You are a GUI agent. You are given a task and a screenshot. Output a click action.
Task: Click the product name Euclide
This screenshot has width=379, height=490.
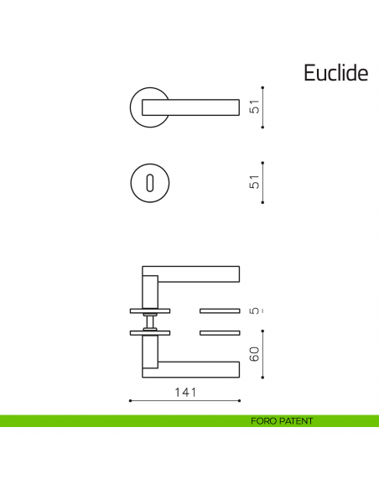tap(335, 73)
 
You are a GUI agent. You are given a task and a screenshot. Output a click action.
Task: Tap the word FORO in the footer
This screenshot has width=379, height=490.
tap(263, 421)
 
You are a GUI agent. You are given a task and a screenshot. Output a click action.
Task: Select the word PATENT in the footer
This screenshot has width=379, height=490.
tap(296, 421)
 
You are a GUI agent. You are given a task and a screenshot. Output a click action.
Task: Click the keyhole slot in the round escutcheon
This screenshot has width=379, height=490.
tap(150, 182)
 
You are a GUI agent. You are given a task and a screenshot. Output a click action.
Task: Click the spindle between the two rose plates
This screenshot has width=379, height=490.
tap(149, 322)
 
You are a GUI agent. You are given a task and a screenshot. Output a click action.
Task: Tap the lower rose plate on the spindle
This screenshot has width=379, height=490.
tap(149, 333)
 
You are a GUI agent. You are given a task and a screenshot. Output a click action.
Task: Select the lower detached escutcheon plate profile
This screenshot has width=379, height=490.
tap(221, 333)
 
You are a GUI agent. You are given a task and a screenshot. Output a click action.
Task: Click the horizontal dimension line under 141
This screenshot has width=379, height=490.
tap(184, 401)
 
